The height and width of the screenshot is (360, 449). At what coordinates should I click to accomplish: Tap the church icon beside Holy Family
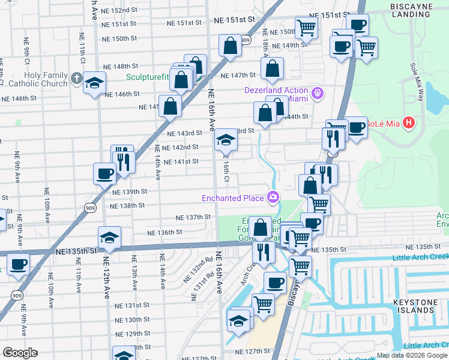click(76, 78)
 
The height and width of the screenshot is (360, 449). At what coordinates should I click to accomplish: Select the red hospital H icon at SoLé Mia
click(409, 124)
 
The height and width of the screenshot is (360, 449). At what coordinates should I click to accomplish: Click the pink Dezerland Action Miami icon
click(318, 93)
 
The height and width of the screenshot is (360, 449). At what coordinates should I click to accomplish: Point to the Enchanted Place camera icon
click(274, 197)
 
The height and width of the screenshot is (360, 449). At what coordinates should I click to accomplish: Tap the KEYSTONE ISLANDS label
click(427, 305)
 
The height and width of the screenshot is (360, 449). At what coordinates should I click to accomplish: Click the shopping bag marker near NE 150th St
click(230, 46)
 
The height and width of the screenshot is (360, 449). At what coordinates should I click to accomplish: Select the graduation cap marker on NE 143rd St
click(226, 140)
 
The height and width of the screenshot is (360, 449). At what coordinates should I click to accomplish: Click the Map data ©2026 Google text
click(411, 355)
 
